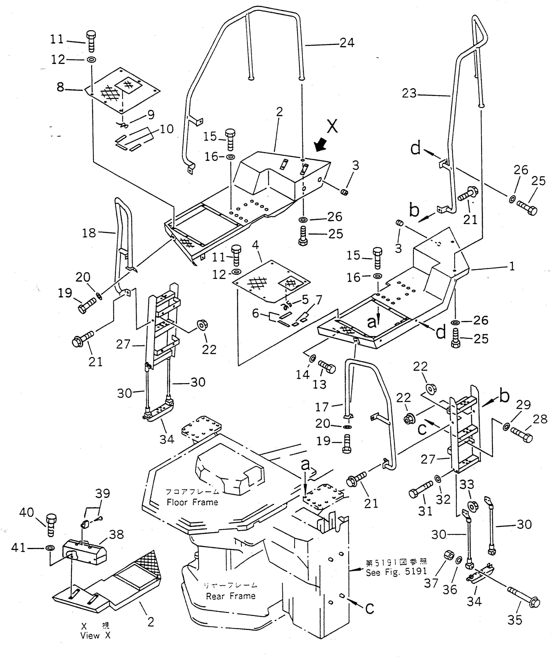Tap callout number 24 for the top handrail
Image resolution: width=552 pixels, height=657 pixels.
click(x=347, y=43)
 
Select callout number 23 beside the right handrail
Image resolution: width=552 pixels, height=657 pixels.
click(x=409, y=93)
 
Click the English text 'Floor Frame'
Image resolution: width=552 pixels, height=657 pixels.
click(x=192, y=502)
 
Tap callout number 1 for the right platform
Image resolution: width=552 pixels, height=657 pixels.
click(x=512, y=267)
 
